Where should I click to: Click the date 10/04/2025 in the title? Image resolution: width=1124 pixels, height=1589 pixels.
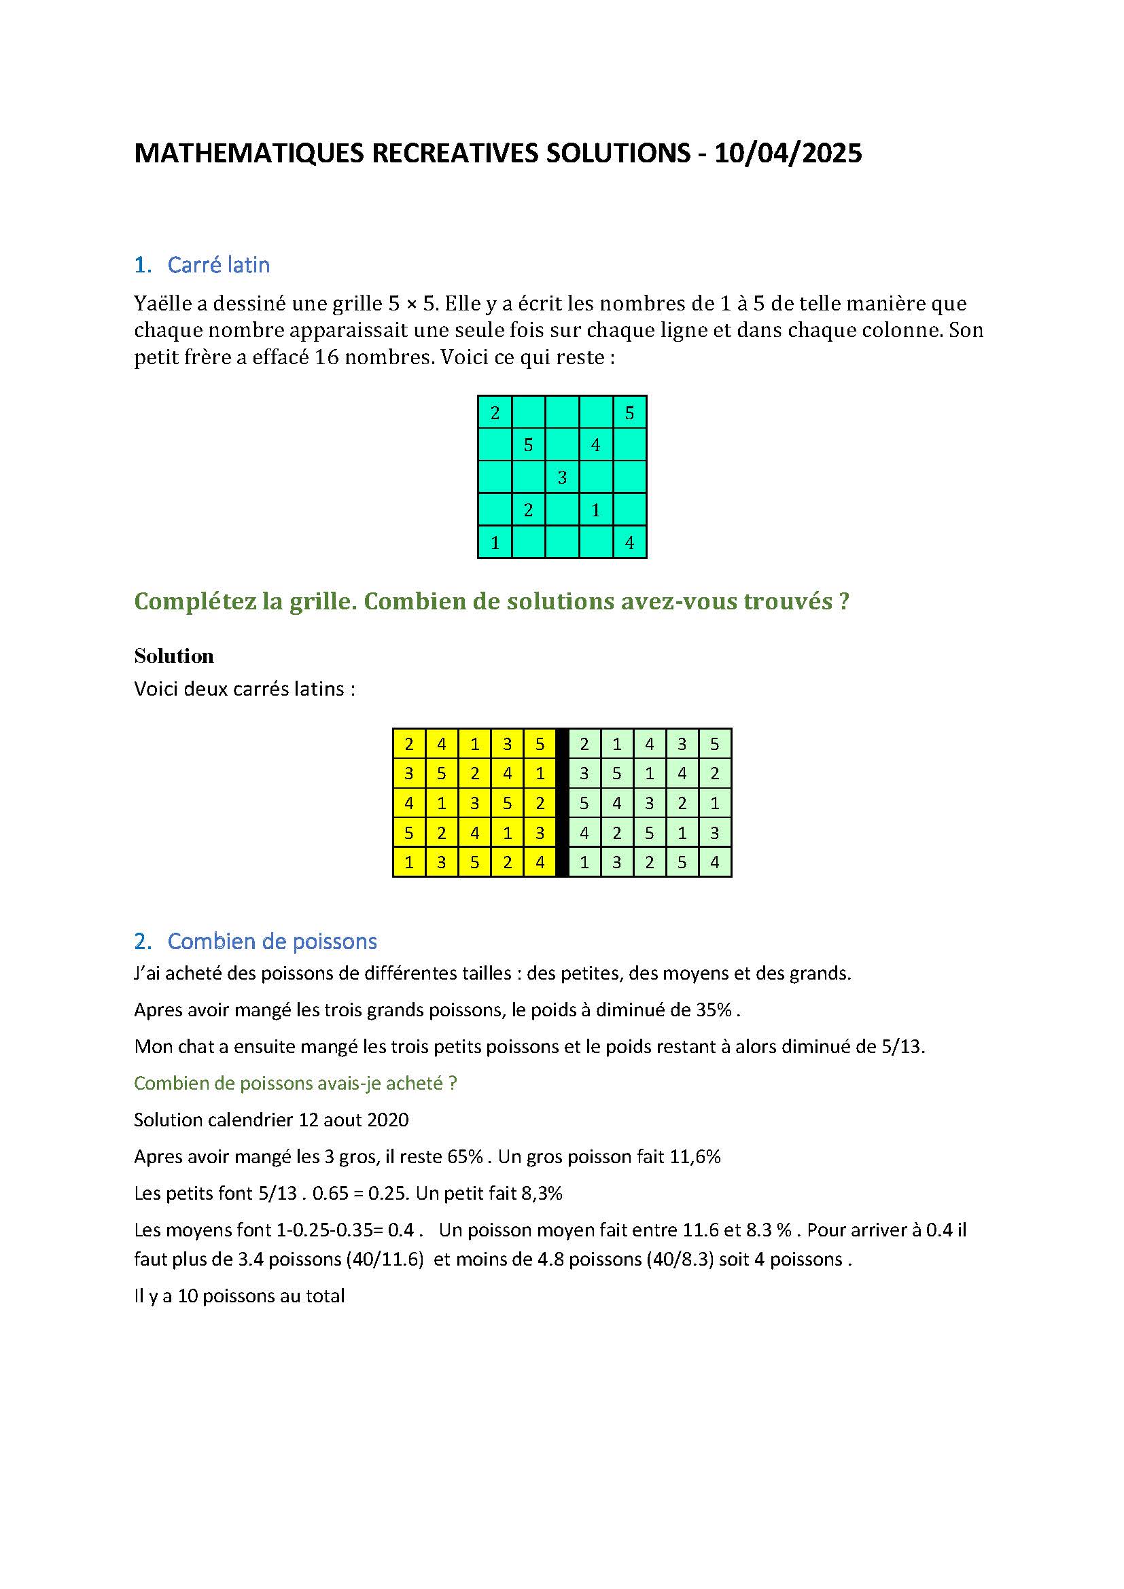coord(788,153)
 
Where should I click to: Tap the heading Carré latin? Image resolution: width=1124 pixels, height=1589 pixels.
coord(218,265)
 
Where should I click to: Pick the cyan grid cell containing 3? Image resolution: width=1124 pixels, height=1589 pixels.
coord(562,477)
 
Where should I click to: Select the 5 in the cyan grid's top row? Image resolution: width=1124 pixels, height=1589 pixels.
coord(629,412)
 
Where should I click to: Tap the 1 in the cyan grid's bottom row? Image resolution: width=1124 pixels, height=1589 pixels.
coord(495,543)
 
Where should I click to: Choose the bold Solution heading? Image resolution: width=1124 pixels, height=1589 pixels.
coord(174,656)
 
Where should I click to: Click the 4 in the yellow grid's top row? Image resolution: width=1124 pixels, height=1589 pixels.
coord(442,744)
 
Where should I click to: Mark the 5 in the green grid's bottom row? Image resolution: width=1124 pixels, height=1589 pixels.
coord(682,862)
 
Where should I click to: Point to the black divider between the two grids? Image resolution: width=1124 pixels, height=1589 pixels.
coord(562,803)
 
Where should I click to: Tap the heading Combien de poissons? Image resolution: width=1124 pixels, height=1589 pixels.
coord(272,941)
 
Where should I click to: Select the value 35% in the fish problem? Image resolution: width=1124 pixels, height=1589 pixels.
coord(714,1010)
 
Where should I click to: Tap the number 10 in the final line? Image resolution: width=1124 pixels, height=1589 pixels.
coord(188,1296)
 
